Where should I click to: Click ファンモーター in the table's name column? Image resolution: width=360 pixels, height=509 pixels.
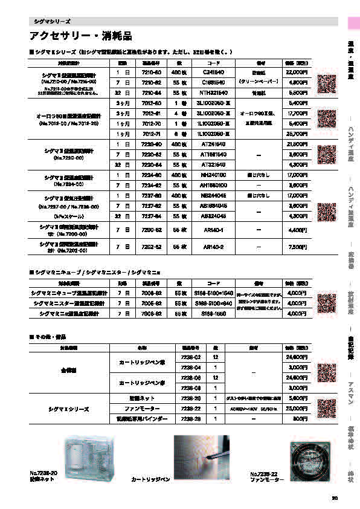point(141,409)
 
